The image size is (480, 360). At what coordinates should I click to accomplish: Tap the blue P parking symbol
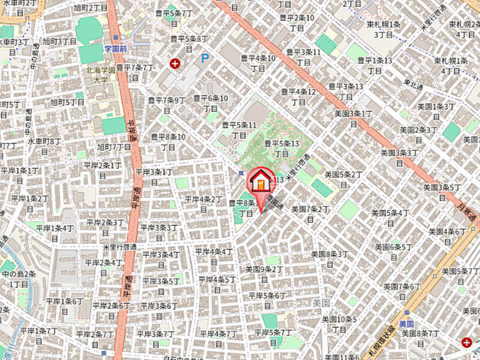point(204,58)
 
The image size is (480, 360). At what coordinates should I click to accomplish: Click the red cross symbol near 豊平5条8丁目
point(175,64)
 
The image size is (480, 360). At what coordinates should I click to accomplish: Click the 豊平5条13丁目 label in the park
point(281,148)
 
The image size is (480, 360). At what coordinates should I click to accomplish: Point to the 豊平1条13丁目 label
point(374,64)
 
